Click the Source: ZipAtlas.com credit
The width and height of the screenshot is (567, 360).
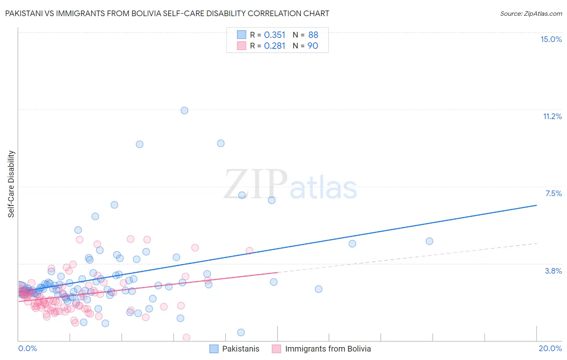point(531,13)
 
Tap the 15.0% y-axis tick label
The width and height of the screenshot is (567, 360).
point(551,39)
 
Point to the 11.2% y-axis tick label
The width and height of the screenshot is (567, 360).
point(552,116)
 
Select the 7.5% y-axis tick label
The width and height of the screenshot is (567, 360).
point(553,193)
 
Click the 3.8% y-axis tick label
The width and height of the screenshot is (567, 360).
point(553,271)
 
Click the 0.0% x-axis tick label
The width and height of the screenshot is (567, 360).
point(27,348)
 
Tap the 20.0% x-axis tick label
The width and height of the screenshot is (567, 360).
point(550,348)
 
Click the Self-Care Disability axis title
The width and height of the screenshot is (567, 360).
point(11,184)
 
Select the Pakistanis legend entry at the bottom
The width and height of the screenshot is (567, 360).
point(234,349)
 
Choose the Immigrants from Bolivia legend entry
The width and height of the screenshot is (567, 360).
point(321,349)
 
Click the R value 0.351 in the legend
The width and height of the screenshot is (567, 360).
point(275,35)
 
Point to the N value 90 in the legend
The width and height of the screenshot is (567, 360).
point(313,46)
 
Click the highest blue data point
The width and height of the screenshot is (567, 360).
point(184,110)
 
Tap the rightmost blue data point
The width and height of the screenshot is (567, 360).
point(429,241)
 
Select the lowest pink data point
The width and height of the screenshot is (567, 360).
point(186,337)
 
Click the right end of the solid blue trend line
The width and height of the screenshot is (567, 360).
point(536,205)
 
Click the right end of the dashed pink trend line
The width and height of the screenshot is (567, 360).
point(536,243)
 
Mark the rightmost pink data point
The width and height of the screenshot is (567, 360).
point(249,251)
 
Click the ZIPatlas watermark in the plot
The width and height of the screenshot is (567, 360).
point(290,185)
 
